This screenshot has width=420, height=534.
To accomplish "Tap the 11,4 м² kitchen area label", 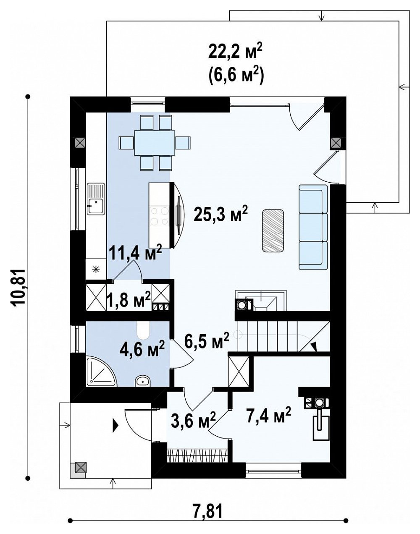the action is click(135, 252).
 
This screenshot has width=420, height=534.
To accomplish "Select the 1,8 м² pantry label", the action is click(129, 299).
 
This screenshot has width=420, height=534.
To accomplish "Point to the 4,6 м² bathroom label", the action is click(142, 348).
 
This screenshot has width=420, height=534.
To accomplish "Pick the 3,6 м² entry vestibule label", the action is click(193, 420).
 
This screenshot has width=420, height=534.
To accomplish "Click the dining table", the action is click(155, 143).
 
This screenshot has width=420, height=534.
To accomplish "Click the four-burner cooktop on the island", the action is click(160, 216).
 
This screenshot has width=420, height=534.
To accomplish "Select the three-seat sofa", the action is click(313, 227).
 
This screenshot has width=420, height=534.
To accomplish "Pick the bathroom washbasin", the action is click(142, 381).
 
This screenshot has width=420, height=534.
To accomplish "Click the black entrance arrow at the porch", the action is click(115, 426).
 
